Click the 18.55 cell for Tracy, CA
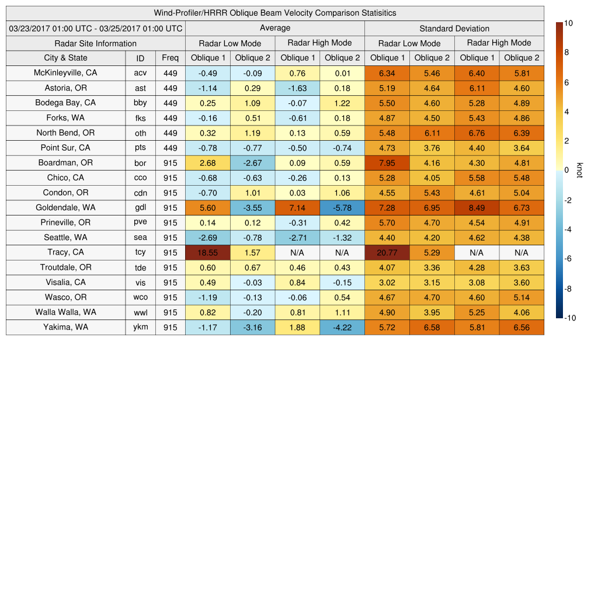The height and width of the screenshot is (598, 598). coord(207,252)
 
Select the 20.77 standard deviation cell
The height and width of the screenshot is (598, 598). coord(387,252)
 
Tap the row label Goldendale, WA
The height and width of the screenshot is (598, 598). coord(65,207)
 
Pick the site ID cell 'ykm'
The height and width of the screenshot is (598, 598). coord(140,327)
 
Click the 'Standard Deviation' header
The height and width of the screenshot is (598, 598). coord(454,29)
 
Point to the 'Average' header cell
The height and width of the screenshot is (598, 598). coord(274,28)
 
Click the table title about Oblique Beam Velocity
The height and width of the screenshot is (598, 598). coord(275,13)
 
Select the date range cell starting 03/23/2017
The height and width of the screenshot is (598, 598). coord(95,29)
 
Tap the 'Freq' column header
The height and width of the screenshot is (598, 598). coord(170,58)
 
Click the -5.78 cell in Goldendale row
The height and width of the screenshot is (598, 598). coord(342,208)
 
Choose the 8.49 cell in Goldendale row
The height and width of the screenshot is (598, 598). coord(477,208)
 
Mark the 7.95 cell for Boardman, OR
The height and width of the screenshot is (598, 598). coord(387,163)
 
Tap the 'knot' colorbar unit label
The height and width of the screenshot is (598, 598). coord(579,170)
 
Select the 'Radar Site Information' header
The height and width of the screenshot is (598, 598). coord(95,43)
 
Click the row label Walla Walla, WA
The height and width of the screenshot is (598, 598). coord(65,312)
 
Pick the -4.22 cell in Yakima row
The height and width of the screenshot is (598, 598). coord(342,328)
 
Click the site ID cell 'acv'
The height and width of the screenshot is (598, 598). coord(140,73)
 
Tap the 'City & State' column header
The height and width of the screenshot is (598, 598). coord(65,58)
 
